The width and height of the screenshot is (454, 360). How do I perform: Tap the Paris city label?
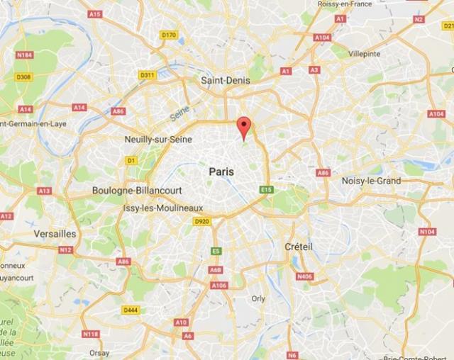pyautogui.click(x=221, y=171)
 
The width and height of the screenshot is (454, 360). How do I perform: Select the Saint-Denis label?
pyautogui.click(x=226, y=81)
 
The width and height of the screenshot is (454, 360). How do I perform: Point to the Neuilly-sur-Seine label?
pyautogui.click(x=158, y=140)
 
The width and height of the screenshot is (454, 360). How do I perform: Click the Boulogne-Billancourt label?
pyautogui.click(x=137, y=191)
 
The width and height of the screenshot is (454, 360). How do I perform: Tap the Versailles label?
pyautogui.click(x=55, y=233)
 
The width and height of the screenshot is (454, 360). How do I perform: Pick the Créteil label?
pyautogui.click(x=298, y=246)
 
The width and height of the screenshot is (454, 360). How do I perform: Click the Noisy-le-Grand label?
pyautogui.click(x=372, y=180)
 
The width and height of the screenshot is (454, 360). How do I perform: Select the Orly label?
pyautogui.click(x=258, y=298)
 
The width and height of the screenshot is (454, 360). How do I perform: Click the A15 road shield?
pyautogui.click(x=95, y=13)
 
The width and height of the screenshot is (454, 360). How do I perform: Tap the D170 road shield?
pyautogui.click(x=168, y=35)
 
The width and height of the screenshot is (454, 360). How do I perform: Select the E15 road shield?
pyautogui.click(x=266, y=189)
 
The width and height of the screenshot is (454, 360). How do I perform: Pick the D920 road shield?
pyautogui.click(x=201, y=221)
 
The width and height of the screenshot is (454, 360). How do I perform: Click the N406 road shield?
pyautogui.click(x=304, y=276)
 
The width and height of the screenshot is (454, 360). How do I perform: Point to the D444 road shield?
pyautogui.click(x=131, y=310)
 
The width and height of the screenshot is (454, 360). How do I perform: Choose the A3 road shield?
pyautogui.click(x=314, y=69)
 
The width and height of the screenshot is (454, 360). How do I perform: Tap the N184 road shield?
pyautogui.click(x=25, y=55)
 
